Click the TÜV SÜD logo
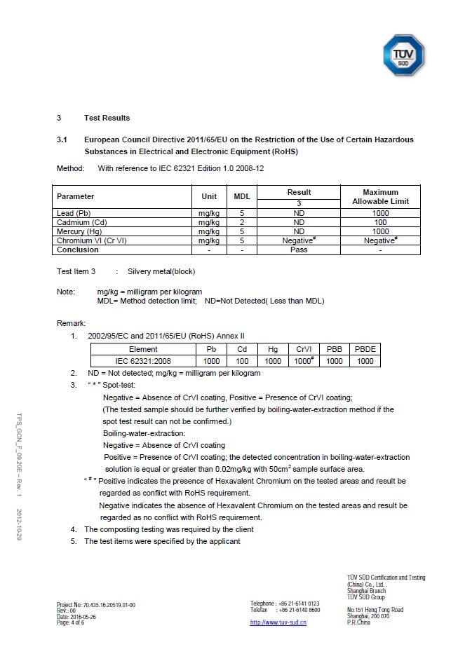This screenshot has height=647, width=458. click(x=403, y=55)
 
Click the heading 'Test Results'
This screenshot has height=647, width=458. click(x=107, y=118)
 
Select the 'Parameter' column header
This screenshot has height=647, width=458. click(x=75, y=196)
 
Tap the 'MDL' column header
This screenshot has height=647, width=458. click(x=241, y=196)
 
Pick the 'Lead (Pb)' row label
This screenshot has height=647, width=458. click(x=74, y=213)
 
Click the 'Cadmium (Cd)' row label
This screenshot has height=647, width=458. click(x=79, y=222)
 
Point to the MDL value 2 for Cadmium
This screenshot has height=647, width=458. click(x=241, y=222)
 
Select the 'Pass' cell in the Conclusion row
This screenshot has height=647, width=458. click(x=299, y=250)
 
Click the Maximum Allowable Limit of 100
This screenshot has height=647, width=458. click(x=380, y=222)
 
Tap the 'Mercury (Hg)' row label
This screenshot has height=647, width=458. click(x=79, y=231)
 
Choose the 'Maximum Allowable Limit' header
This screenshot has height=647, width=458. click(x=380, y=196)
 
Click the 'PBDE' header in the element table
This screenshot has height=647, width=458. click(x=365, y=349)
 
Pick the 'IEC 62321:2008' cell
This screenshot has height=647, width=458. click(x=143, y=361)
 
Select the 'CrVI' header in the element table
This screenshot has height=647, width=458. click(x=304, y=349)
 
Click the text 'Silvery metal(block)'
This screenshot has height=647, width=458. click(x=161, y=271)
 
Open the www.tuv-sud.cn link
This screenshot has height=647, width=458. click(x=278, y=622)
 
